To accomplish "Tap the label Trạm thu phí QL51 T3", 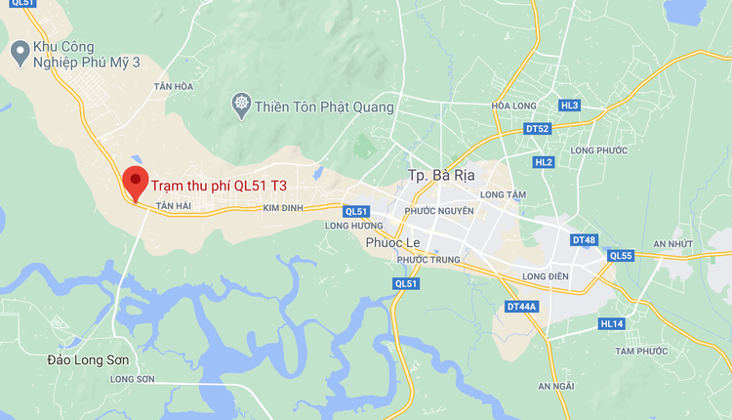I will pos(219,183).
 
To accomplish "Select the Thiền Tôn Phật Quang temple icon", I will pos(240,105).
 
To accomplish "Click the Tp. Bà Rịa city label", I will pos(441,177).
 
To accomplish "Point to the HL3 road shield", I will pos(570,105).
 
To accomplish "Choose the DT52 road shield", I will pos(537,129).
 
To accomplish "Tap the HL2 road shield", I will pos(544,161).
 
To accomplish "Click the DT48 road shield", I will pos(584,240).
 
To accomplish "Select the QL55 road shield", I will pos(621,256).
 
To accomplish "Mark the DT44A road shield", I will pos(522,307).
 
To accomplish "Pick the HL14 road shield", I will pos(611,323).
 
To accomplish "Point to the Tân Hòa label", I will pos(174,87).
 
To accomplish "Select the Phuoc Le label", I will pos(392,242).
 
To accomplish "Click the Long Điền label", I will pos(546,277).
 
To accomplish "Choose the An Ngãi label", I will pos(556,386).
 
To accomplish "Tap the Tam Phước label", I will pos(641,351).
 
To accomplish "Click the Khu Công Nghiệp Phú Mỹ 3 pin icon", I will pos(19,50).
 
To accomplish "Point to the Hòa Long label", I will pos(515,105).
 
